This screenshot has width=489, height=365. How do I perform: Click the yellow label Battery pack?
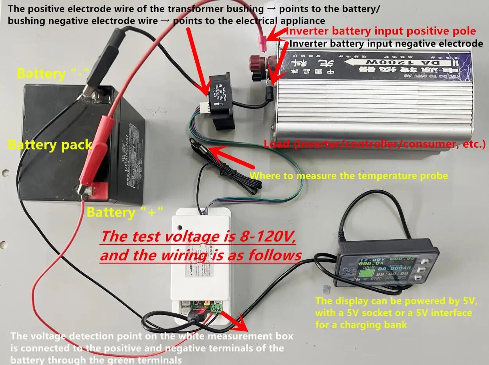50,145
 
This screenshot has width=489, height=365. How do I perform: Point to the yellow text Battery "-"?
53,73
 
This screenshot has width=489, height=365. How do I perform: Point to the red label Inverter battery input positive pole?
381,31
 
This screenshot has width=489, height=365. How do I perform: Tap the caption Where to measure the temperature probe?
349,175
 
